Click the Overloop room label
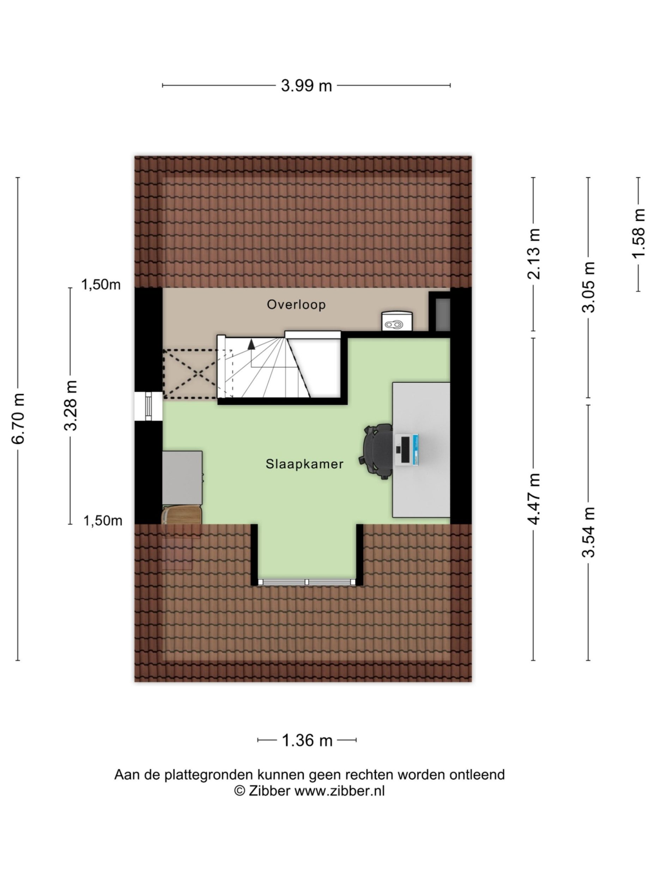click(x=296, y=304)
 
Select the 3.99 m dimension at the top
click(x=306, y=85)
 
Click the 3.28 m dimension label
click(x=71, y=405)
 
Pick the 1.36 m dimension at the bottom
click(x=307, y=740)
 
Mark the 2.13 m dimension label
click(x=533, y=254)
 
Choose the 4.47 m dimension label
click(x=533, y=499)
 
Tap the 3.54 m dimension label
click(x=588, y=532)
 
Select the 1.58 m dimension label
click(x=638, y=233)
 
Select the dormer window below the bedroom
click(x=307, y=582)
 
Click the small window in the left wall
click(x=148, y=406)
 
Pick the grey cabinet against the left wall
click(x=182, y=477)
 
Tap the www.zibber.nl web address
click(x=340, y=790)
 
